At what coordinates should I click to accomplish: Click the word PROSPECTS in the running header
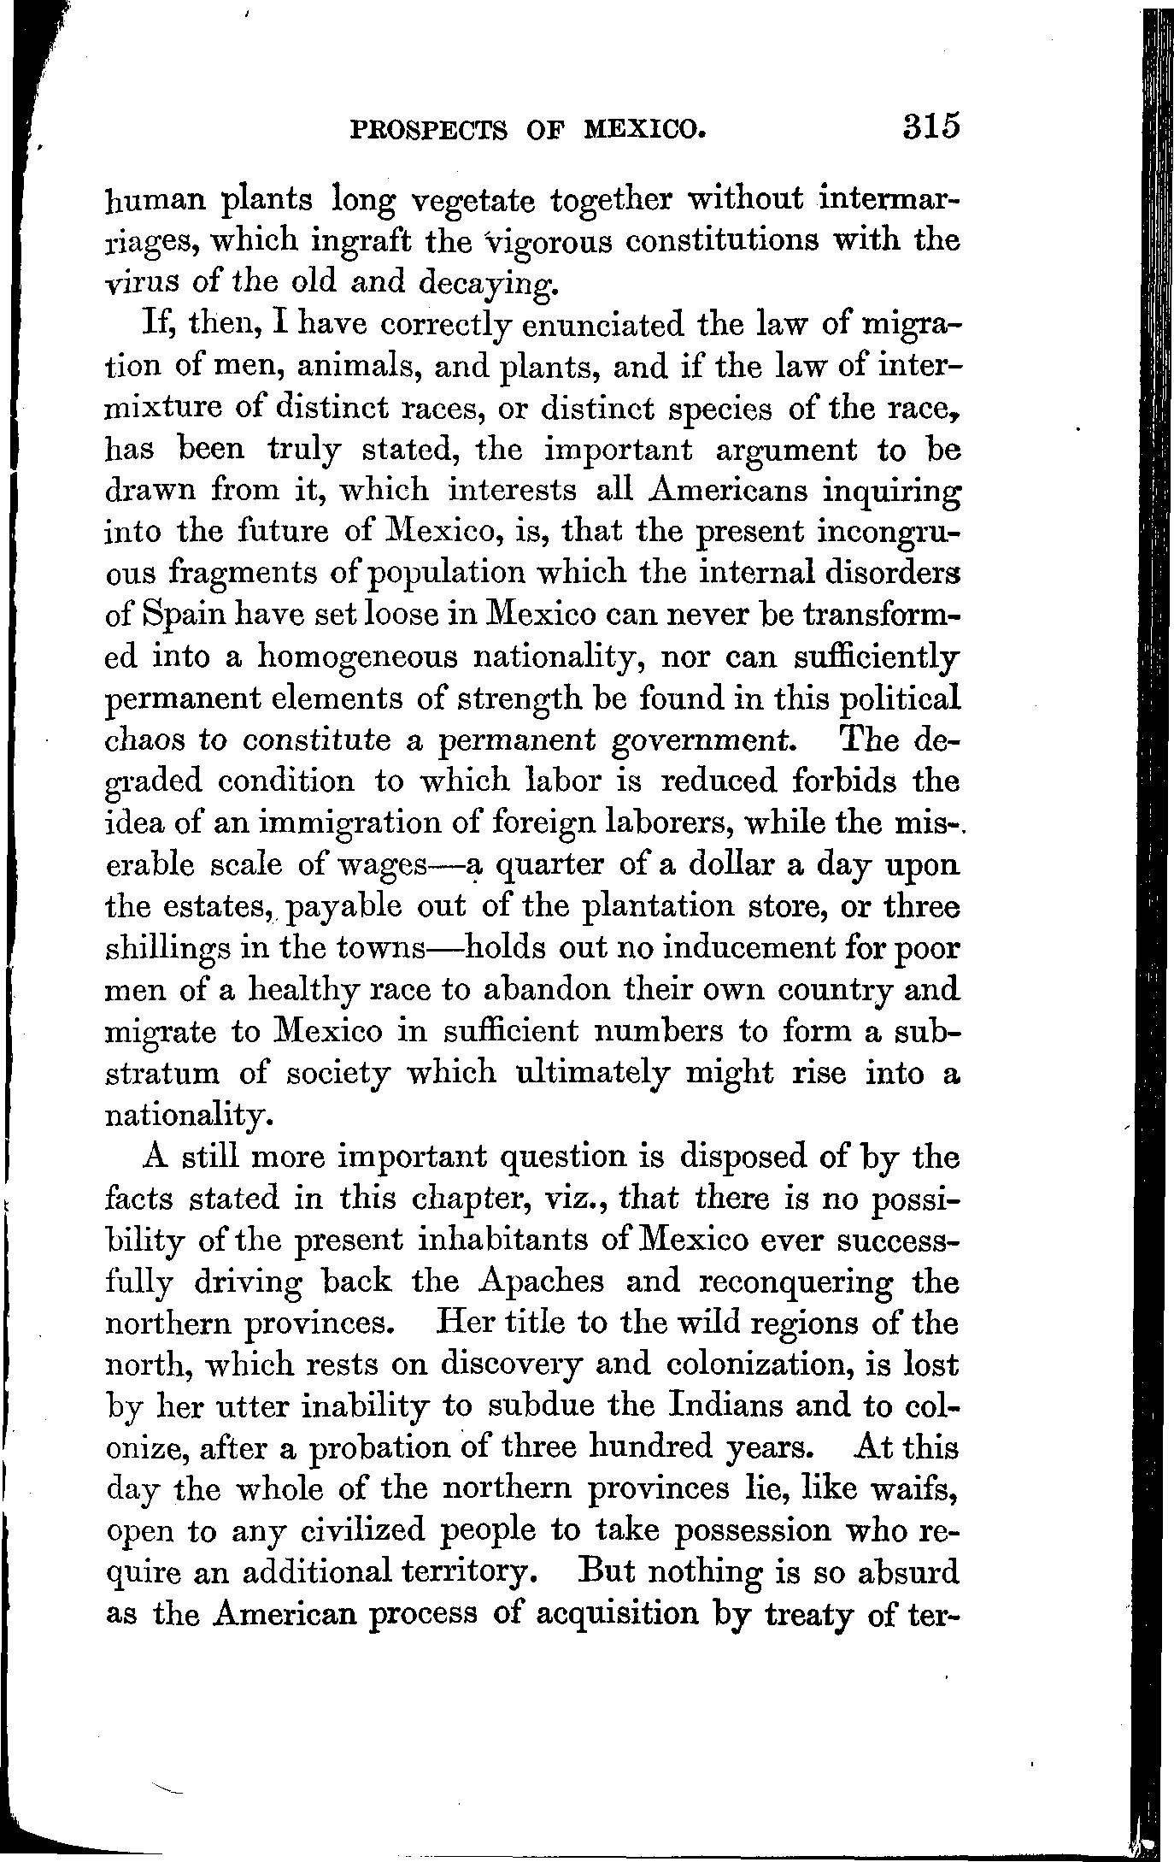point(429,130)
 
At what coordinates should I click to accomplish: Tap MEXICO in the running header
point(645,130)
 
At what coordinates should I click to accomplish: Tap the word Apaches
point(543,1282)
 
